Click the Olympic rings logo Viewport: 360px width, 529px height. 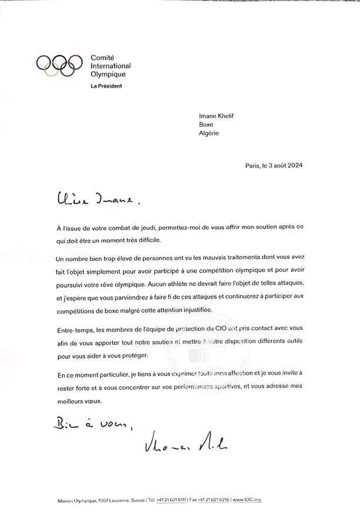coord(59,66)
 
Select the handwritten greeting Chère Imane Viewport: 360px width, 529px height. coord(99,201)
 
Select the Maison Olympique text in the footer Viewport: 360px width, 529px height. coord(76,500)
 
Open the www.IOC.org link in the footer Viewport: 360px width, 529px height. coord(247,500)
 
